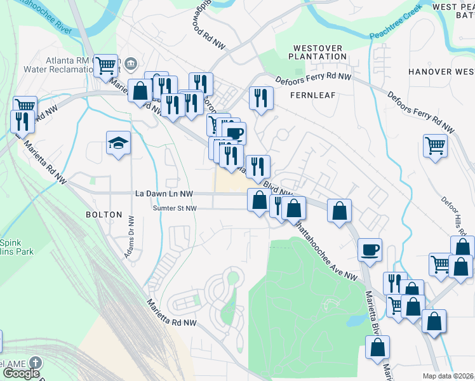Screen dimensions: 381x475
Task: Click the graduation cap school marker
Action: pos(118,144)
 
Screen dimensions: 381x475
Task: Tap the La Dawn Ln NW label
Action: pos(164,194)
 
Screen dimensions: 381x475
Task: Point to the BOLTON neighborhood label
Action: pos(104,215)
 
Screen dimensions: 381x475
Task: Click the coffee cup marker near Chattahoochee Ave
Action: pos(369,248)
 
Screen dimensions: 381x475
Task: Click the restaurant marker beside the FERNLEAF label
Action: pos(260,98)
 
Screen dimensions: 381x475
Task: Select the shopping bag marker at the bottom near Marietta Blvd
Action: pos(378,347)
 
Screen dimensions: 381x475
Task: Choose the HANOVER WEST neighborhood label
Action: pos(441,72)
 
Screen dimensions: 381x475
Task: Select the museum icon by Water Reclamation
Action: pos(131,63)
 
